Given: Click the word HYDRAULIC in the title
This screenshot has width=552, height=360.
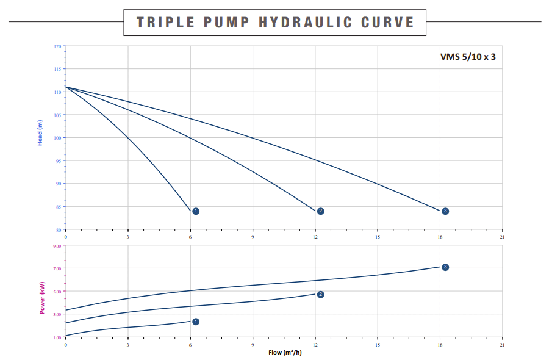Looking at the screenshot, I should (x=306, y=23).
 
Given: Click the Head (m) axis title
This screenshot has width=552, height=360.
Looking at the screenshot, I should (x=40, y=132).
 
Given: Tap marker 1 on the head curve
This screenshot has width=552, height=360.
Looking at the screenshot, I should (x=196, y=211).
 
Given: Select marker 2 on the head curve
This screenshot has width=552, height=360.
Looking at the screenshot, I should (x=320, y=211).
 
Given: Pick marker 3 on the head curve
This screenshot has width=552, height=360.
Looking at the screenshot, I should (x=445, y=211).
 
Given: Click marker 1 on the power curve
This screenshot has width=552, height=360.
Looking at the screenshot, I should (x=196, y=322).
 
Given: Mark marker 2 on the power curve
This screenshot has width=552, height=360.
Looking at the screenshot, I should (x=320, y=294).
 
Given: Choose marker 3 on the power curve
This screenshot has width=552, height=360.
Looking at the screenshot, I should (x=445, y=267).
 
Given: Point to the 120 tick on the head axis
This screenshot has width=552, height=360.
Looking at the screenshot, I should (x=57, y=46).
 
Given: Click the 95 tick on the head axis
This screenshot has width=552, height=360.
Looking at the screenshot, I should (x=58, y=161).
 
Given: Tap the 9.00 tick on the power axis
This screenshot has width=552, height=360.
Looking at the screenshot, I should (x=57, y=246).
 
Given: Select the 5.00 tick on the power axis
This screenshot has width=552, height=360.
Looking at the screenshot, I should (x=57, y=292).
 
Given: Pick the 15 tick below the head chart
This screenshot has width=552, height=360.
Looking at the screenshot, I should (x=378, y=237).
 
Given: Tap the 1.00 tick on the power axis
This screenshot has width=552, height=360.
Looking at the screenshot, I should (x=57, y=337).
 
